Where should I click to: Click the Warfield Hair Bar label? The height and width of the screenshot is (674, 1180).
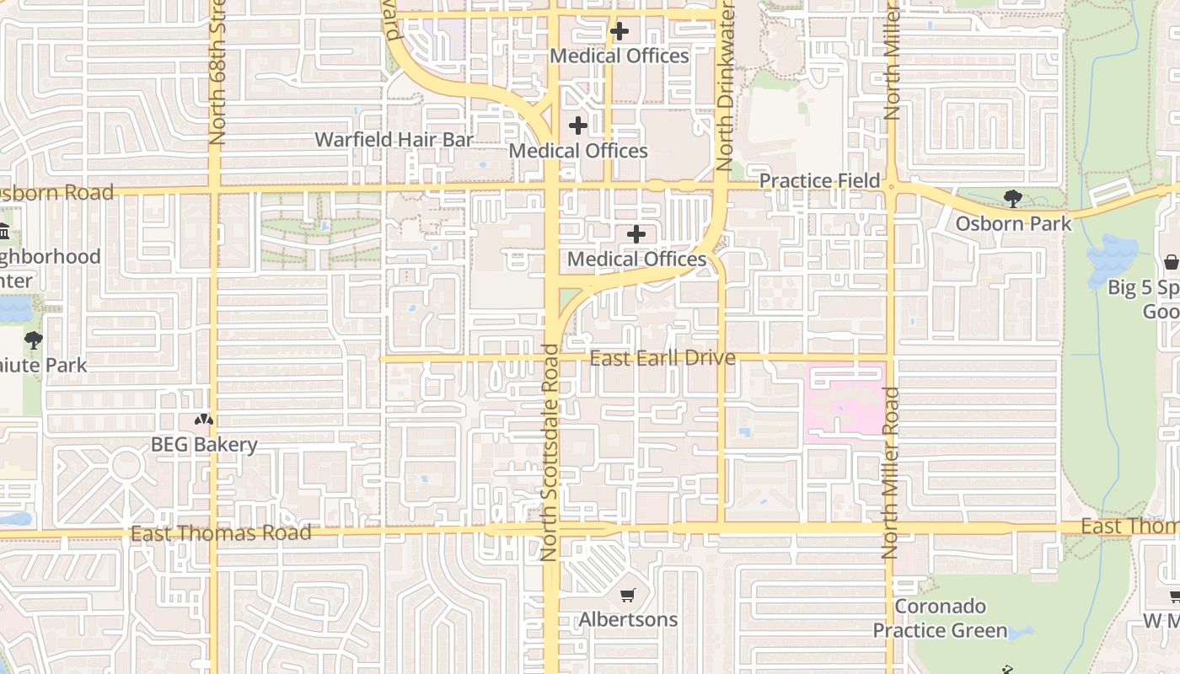(394, 140)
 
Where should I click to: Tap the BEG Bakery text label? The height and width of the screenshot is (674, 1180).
(204, 445)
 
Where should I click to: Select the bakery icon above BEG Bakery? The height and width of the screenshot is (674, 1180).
(204, 419)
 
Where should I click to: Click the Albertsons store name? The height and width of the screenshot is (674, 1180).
(628, 620)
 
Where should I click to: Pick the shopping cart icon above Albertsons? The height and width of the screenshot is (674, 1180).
(627, 596)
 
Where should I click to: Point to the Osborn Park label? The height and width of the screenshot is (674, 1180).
(1013, 224)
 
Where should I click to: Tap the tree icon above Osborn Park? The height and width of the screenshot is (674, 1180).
(1012, 199)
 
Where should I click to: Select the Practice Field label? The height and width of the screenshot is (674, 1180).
(819, 181)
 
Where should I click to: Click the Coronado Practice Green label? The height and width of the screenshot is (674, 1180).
(940, 618)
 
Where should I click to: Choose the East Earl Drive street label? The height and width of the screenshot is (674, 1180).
(662, 358)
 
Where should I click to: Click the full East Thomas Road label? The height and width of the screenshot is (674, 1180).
(221, 532)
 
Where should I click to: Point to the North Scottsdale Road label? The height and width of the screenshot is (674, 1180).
(550, 452)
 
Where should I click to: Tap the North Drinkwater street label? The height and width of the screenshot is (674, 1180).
(724, 86)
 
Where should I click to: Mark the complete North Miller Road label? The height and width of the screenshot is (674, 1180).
(889, 473)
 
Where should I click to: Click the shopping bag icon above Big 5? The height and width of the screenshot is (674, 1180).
(1171, 263)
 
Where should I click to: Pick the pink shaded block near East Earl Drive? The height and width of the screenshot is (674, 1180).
(845, 400)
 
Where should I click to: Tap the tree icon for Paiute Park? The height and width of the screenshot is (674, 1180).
(34, 340)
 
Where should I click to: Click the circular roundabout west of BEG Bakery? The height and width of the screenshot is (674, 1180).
(126, 464)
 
